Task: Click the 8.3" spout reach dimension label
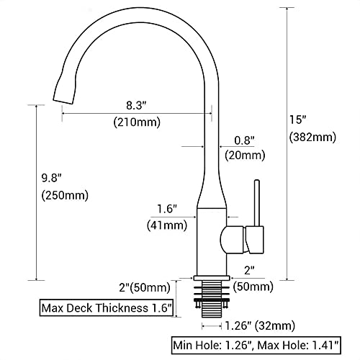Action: point(136,105)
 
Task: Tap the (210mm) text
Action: point(137,122)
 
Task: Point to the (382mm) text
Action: point(312,138)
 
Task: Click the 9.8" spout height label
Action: point(52,178)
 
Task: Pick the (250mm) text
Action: point(65,195)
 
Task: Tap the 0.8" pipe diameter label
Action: point(244,140)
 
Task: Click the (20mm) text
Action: point(245,156)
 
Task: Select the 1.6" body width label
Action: point(167,209)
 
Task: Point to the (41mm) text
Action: point(167,225)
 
